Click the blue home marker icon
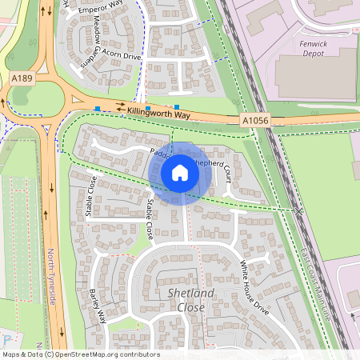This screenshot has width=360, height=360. coord(180,173)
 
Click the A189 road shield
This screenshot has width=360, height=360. coord(22,78)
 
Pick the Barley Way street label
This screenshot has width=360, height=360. coord(98,305)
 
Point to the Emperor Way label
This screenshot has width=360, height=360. coord(98,10)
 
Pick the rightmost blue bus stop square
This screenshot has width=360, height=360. coord(176,106)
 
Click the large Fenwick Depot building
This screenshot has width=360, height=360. coord(316,76)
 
